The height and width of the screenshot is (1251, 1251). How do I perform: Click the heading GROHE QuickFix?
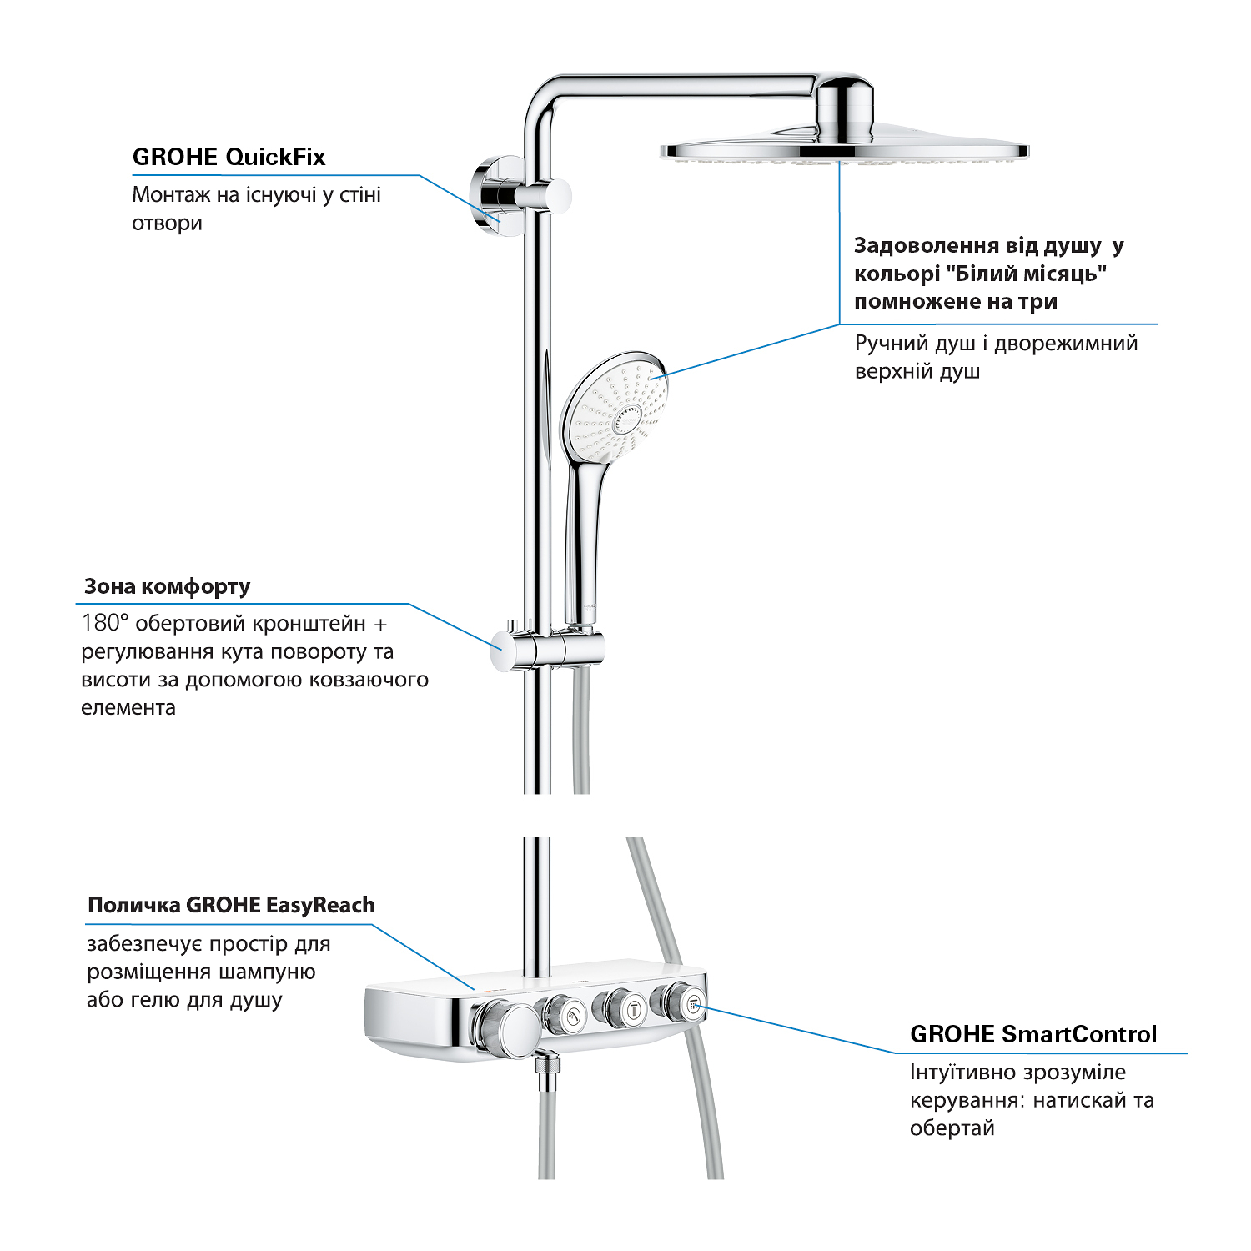229,157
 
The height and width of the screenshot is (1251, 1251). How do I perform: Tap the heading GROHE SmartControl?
1033,1034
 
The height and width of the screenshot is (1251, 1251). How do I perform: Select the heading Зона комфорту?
167,587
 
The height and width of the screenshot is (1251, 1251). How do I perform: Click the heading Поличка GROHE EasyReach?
231,905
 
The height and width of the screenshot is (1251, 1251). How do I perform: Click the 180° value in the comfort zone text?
105,623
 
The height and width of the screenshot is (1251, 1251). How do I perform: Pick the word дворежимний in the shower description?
1066,344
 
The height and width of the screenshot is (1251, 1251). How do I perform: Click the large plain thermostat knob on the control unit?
506,1031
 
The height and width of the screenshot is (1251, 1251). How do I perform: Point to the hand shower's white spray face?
615,409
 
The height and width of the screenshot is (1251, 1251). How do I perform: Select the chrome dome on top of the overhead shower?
844,109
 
